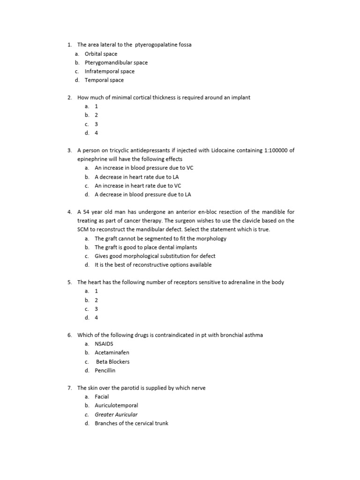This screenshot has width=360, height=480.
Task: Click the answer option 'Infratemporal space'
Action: coord(109,71)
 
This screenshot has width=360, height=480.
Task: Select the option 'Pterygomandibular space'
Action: coord(116,62)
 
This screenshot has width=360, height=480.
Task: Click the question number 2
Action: coord(69,97)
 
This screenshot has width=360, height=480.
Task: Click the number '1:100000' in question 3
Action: coord(262,150)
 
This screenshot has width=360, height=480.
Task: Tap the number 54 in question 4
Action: coord(86,212)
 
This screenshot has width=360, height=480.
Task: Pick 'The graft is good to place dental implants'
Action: coord(146,247)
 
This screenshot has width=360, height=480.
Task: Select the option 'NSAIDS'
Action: coord(104,344)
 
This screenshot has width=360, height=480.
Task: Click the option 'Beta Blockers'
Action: coord(112,361)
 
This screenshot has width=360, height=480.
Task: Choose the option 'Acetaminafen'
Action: coord(112,352)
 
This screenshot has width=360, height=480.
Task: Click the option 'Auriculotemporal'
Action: coord(116,405)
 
